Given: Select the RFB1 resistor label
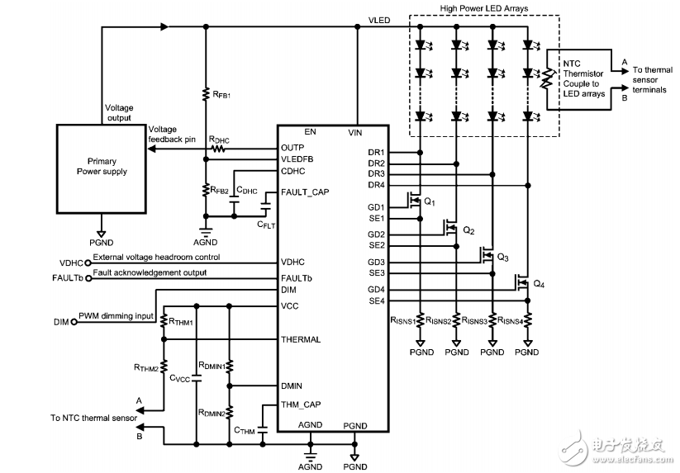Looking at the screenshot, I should [221, 94].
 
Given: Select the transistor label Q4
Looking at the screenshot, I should [540, 284].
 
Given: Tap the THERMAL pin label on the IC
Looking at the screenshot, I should [301, 339].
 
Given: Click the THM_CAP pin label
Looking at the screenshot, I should [302, 404].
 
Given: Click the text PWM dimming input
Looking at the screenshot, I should [116, 315].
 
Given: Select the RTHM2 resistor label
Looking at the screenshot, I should [147, 367].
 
